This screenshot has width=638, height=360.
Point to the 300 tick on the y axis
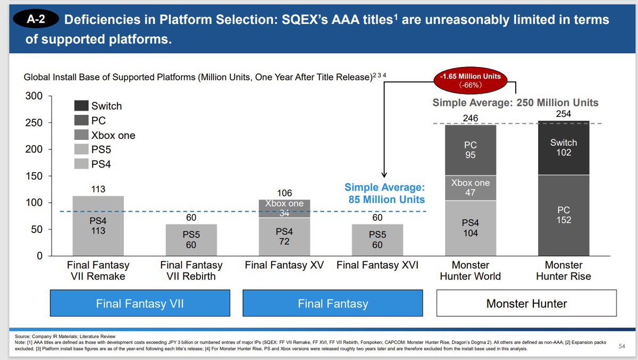[36, 96]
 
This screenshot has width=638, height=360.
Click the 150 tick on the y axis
[36, 176]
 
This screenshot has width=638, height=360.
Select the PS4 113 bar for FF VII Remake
[98, 226]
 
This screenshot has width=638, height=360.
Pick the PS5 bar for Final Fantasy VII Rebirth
[191, 240]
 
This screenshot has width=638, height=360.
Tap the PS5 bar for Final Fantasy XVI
[377, 240]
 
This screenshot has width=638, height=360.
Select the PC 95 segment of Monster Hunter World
[470, 150]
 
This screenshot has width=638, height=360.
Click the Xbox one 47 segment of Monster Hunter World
[470, 188]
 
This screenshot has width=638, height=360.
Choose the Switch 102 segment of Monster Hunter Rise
[563, 148]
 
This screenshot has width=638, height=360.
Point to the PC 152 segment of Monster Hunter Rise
[563, 215]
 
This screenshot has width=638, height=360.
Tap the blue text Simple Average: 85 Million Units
[384, 194]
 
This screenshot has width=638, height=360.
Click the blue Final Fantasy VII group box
[140, 304]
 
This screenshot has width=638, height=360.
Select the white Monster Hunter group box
[526, 304]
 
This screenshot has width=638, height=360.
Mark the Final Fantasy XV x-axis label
[284, 265]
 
